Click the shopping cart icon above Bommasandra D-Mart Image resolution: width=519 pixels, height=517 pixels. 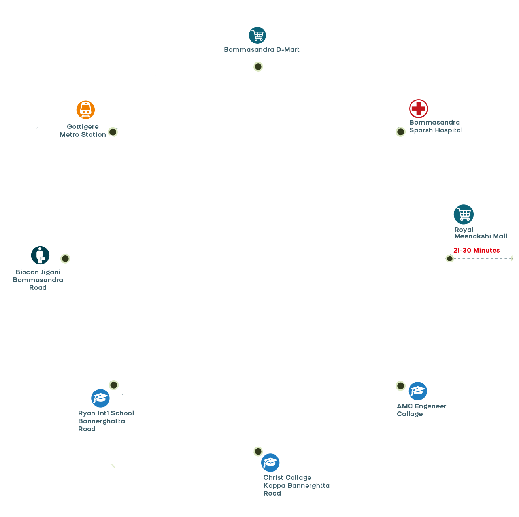click(x=257, y=35)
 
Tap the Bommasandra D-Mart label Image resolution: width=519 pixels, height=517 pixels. click(x=262, y=50)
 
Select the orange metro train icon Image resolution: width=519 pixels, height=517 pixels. click(x=86, y=109)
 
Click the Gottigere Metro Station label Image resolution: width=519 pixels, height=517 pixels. click(x=83, y=131)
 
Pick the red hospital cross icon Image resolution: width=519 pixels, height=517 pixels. click(x=419, y=108)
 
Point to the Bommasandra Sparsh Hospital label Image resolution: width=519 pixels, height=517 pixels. click(x=436, y=126)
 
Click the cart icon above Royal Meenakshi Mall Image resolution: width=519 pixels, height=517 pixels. click(x=463, y=214)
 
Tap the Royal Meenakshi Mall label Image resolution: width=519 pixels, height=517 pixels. click(x=480, y=233)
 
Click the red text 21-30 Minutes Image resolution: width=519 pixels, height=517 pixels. click(x=476, y=251)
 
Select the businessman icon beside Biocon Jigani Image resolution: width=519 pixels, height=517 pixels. click(x=40, y=255)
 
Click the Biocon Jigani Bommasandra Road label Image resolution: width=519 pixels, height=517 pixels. click(x=38, y=280)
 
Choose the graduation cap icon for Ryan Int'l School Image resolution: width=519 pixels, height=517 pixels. click(x=100, y=398)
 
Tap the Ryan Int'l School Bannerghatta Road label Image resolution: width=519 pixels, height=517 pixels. click(x=106, y=421)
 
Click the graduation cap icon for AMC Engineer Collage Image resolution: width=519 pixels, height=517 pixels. click(x=417, y=391)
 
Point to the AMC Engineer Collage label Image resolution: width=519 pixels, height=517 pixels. click(x=421, y=410)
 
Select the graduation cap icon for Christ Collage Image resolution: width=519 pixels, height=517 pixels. click(x=270, y=462)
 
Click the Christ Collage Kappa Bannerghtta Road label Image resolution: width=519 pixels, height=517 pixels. click(x=296, y=485)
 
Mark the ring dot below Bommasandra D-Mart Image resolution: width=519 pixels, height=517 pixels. click(x=258, y=66)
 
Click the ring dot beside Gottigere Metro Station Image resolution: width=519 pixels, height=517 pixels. click(x=113, y=132)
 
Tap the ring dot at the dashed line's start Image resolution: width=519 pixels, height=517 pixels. click(x=450, y=259)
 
